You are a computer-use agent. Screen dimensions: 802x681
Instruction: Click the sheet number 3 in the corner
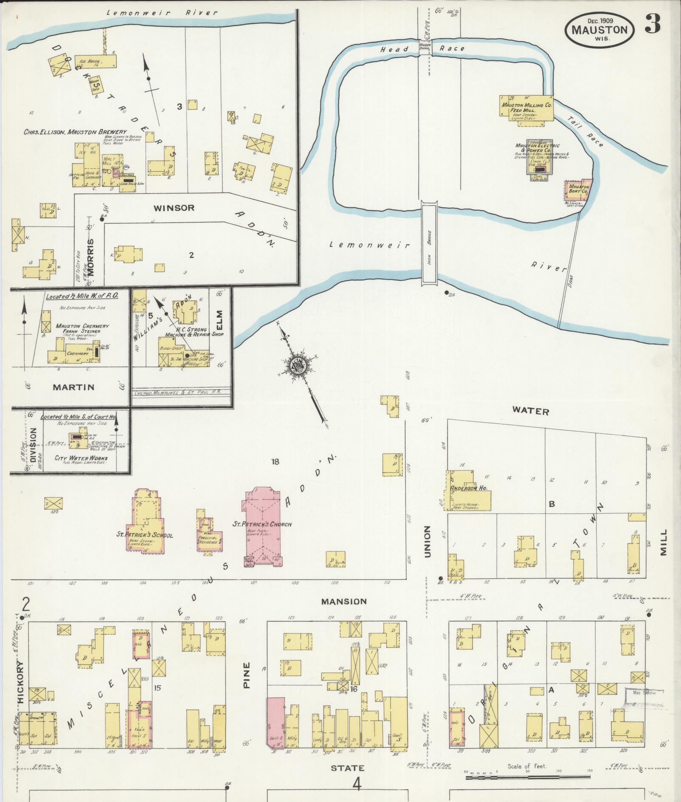point(653,24)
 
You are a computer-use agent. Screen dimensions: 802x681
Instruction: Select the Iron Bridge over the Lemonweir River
point(429,243)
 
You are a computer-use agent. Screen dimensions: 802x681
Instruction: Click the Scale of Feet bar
point(527,777)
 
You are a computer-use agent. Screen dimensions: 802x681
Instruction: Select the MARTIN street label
point(74,387)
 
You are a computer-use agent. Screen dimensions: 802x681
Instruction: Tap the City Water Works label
point(81,458)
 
